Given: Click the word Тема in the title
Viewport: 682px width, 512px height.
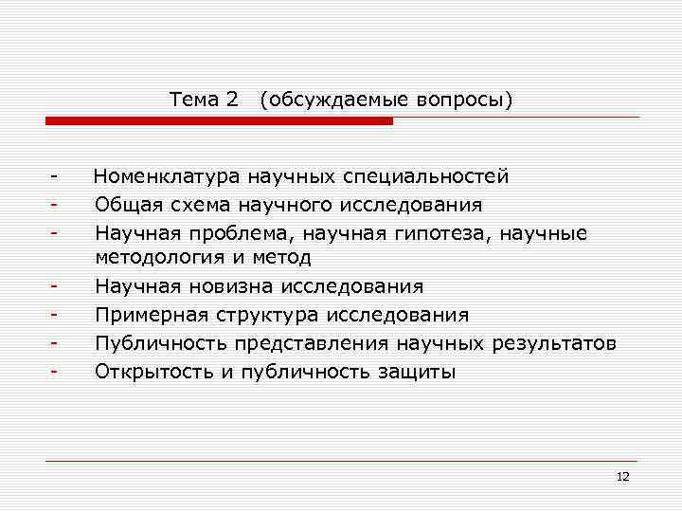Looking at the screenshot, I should click(x=194, y=99).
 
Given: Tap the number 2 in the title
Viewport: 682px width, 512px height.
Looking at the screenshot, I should click(x=233, y=99).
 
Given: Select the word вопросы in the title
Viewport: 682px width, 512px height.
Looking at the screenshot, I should click(x=464, y=100).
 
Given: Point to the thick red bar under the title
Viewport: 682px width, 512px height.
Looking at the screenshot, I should click(x=219, y=121).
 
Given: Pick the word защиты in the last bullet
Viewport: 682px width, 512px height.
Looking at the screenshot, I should click(x=418, y=372).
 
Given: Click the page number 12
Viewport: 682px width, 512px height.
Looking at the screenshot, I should click(x=622, y=476).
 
